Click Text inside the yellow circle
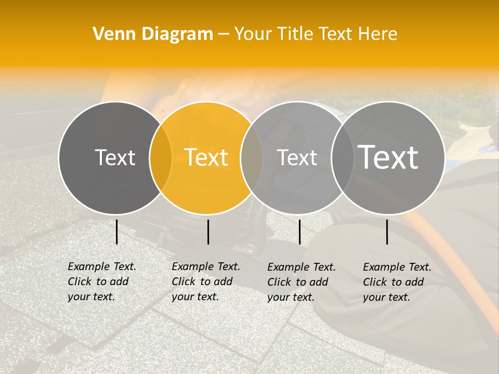206,157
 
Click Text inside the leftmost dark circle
115,157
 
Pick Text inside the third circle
297,157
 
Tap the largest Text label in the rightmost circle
388,157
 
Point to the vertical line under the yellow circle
208,232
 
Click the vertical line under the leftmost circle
116,232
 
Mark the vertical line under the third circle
299,232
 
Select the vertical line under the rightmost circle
387,232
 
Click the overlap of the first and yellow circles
161,158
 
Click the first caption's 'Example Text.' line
102,266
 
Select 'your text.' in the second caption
195,297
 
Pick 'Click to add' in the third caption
298,282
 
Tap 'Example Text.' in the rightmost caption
397,267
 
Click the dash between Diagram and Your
224,34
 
